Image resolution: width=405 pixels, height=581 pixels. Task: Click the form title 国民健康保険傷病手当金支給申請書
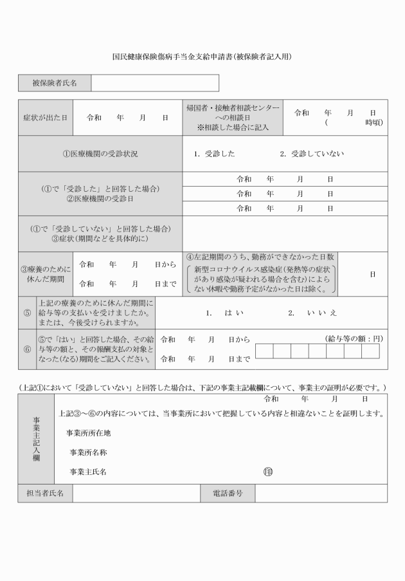pos(203,57)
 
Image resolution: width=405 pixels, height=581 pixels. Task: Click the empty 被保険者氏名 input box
pos(154,83)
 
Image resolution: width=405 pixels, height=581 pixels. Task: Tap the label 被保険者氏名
pos(55,83)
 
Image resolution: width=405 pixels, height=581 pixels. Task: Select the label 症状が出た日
pos(46,118)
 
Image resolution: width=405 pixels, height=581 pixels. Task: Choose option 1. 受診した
pos(215,154)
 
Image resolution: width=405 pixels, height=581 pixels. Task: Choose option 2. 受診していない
pos(312,154)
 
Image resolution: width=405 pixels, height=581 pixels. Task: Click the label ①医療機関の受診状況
pos(100,154)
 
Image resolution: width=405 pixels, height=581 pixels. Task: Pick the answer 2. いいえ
pos(312,313)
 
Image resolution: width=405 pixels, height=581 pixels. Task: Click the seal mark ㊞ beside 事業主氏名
pos(268,472)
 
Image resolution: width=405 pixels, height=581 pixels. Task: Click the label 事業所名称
pos(88,452)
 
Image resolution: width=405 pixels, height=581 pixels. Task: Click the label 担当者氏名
pos(45,493)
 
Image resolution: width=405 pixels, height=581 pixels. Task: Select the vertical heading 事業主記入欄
pos(37,439)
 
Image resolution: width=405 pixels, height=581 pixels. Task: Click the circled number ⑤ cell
pos(27,313)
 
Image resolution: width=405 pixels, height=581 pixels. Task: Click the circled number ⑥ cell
pos(27,349)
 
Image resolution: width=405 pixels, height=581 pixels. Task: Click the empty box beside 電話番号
pos(321,493)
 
